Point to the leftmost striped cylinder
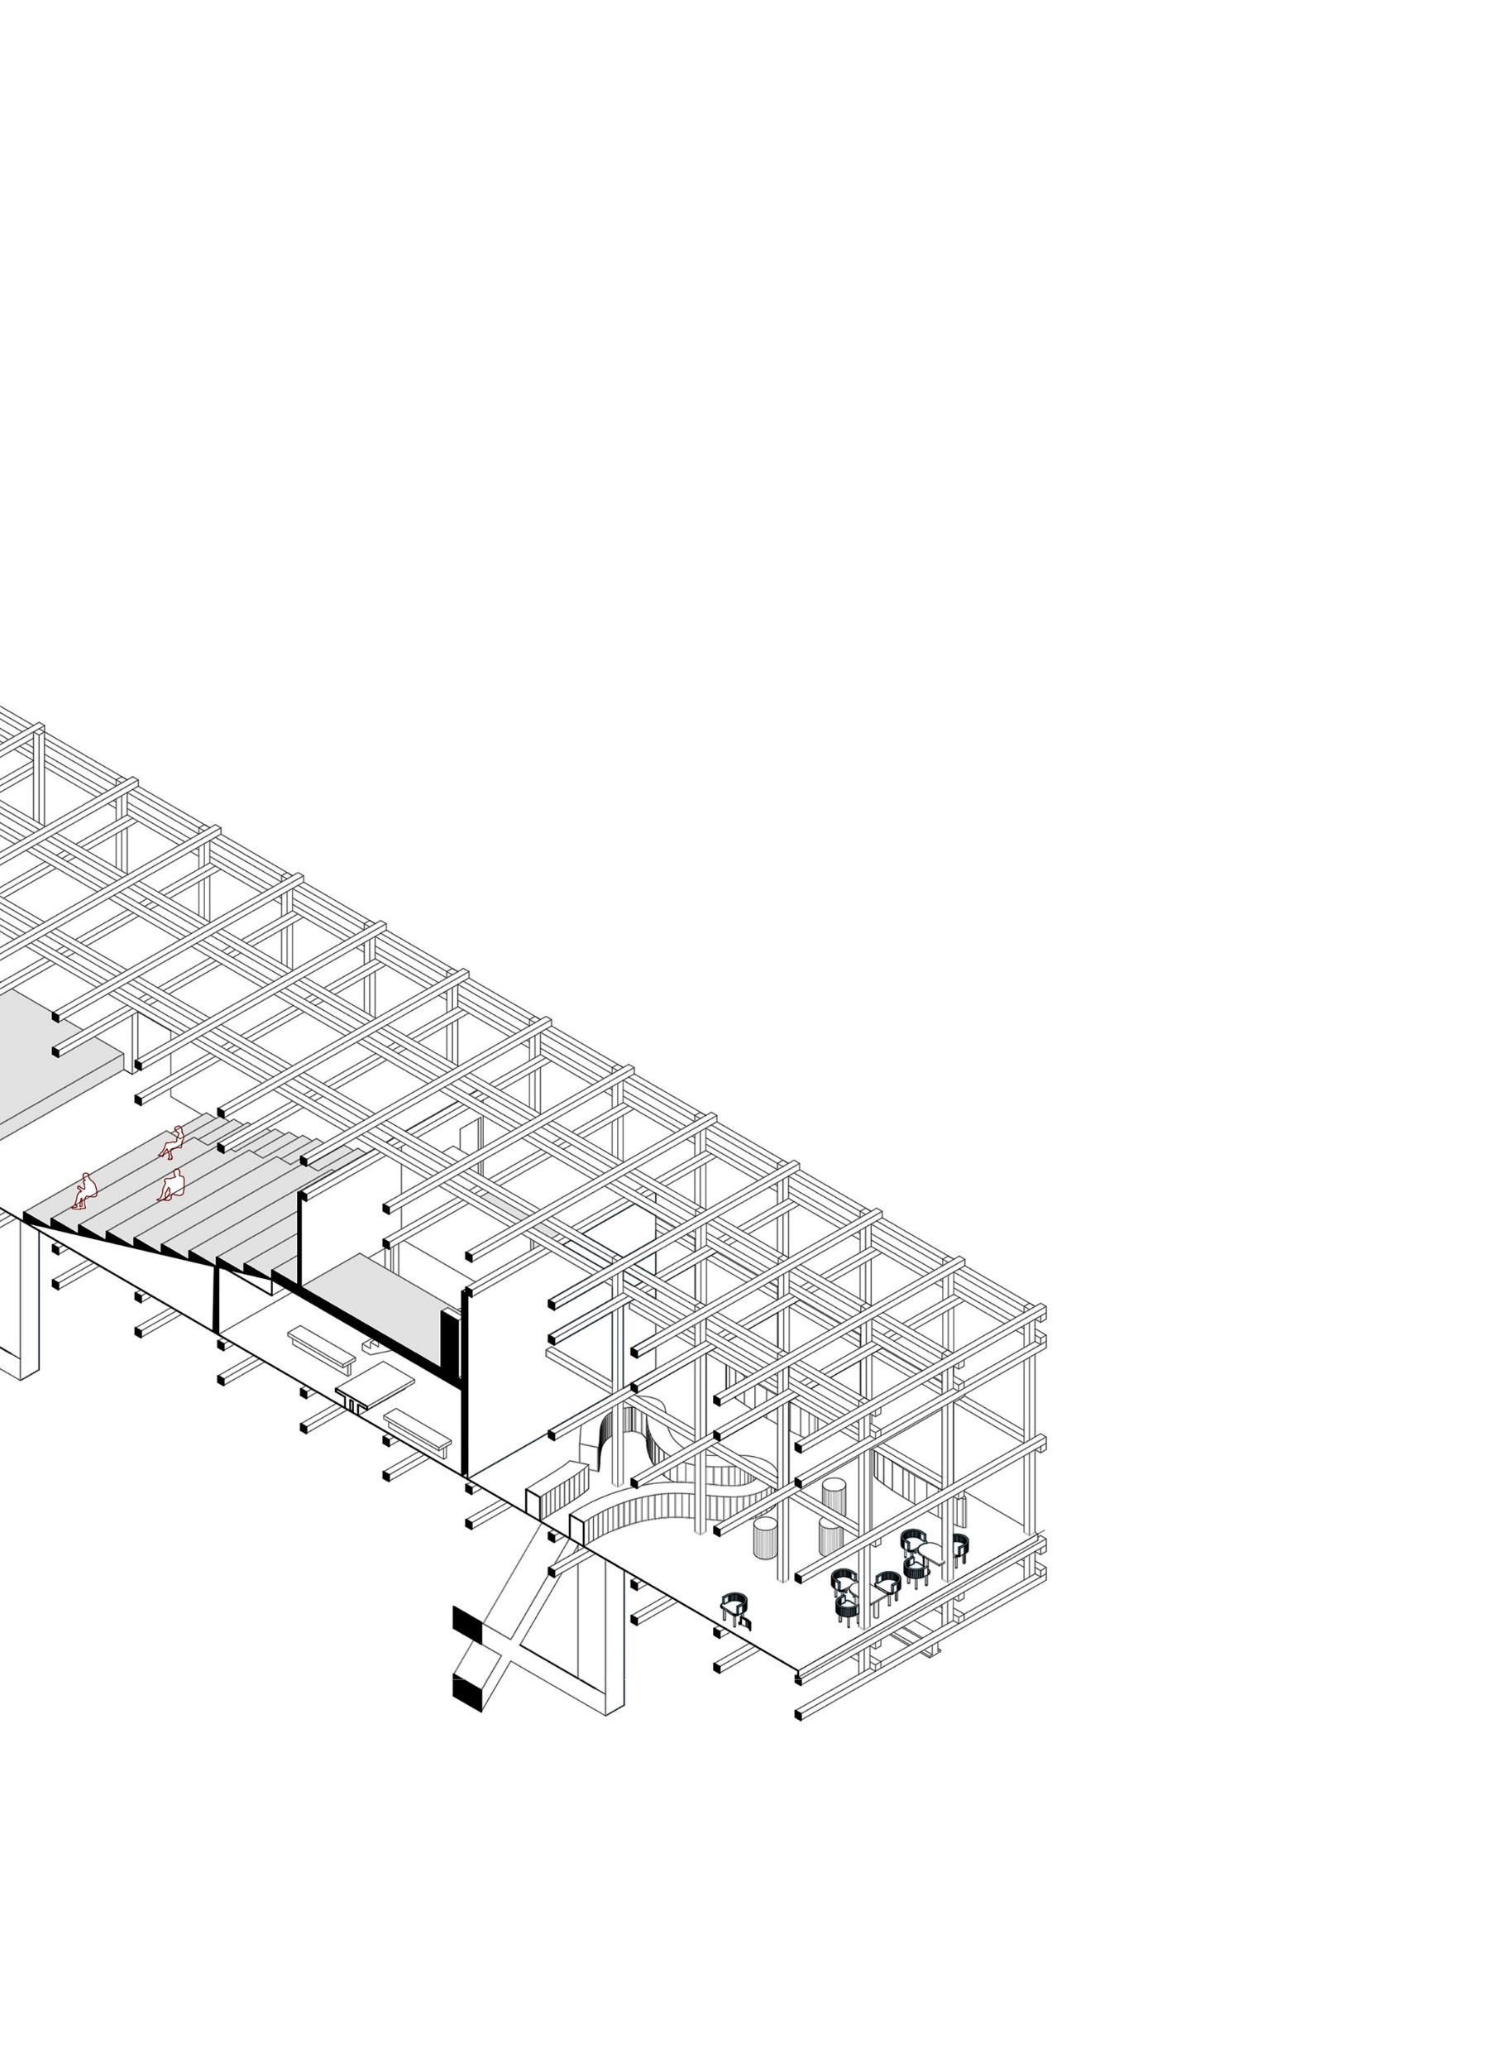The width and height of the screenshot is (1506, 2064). pyautogui.click(x=765, y=1537)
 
